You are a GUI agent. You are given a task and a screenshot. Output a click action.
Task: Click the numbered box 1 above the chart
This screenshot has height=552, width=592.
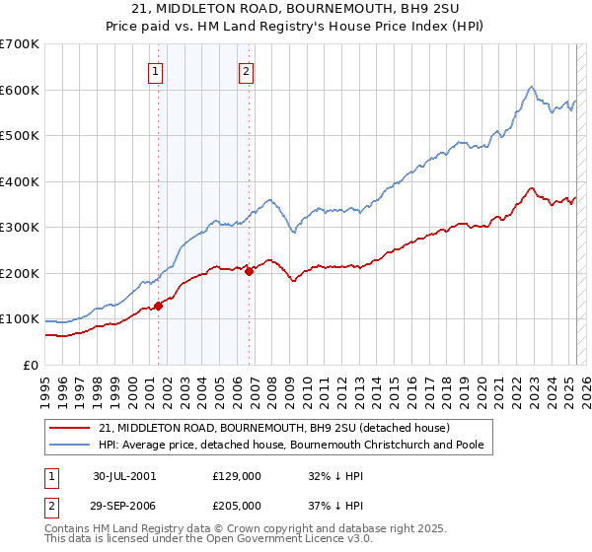pos(157,70)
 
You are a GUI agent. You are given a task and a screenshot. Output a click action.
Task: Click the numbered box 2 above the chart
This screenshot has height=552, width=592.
pos(246,70)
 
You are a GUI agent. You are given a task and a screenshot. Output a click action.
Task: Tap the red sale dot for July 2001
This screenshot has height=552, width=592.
pos(158,306)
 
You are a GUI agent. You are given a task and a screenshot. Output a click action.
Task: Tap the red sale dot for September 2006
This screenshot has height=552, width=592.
pos(249,271)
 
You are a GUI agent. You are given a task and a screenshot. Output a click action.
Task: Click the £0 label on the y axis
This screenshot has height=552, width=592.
pos(32,365)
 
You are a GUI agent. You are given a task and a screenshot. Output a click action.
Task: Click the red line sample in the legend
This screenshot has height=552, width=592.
pos(70,428)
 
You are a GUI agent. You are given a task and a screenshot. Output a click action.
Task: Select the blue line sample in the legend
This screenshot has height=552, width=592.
pos(70,445)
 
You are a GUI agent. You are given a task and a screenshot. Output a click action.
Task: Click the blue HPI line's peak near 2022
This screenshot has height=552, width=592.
pos(531,87)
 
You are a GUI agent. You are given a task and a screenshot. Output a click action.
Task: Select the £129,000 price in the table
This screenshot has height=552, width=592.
pos(236,475)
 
